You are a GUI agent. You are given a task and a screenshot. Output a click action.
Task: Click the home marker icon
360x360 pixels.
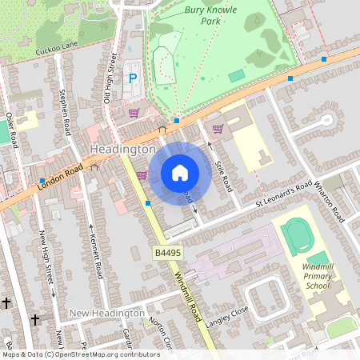pos(180,173)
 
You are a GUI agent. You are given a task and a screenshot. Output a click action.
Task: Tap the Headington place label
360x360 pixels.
pos(122,150)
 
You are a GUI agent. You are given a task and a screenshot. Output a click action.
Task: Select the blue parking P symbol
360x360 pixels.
pos(134,78)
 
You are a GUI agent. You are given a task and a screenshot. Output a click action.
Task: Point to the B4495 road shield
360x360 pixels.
pos(167,252)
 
